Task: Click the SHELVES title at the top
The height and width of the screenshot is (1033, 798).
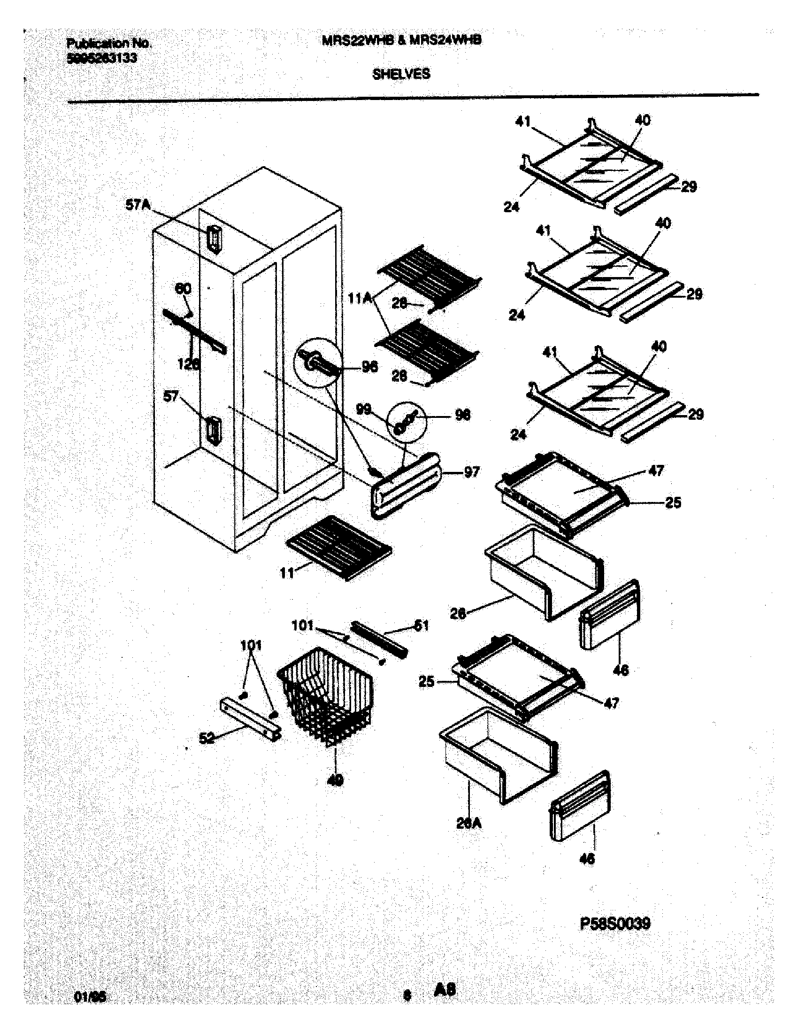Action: tap(401, 74)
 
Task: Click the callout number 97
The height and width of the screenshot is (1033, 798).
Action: tap(471, 471)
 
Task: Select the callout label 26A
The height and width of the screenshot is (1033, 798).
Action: tap(468, 824)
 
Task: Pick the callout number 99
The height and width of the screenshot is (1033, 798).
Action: tap(363, 409)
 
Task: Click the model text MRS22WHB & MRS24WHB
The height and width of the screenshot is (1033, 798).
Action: tap(401, 41)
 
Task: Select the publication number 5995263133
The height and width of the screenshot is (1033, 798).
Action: tap(102, 58)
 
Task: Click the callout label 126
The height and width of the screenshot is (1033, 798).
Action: tap(188, 364)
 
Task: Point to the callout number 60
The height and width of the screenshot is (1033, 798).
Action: tap(183, 288)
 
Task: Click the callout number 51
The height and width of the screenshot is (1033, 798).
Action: tap(421, 626)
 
